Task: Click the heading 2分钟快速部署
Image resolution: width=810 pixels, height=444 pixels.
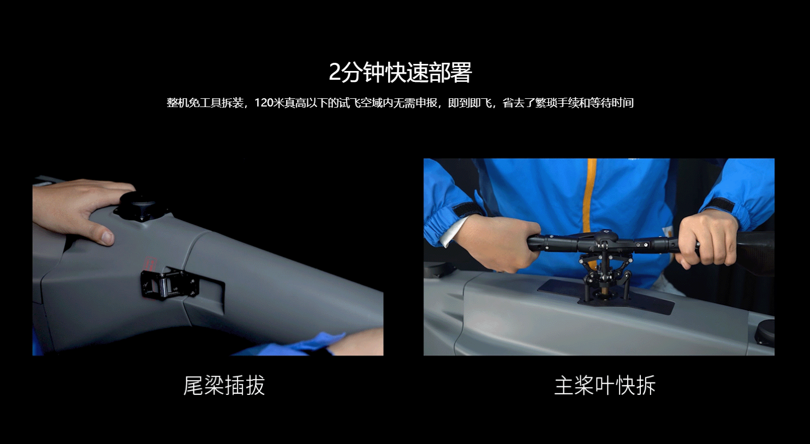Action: (400, 73)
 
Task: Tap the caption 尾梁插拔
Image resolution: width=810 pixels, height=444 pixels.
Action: (224, 386)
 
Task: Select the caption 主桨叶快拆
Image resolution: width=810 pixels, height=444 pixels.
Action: (605, 386)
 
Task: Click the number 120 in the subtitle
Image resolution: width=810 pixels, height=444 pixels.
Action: (264, 103)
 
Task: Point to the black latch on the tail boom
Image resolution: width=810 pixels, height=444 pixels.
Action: (169, 285)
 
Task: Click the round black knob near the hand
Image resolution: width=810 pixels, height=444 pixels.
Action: (141, 206)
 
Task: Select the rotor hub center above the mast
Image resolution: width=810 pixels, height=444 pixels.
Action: (605, 239)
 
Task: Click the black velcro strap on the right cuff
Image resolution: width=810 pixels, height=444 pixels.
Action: (720, 205)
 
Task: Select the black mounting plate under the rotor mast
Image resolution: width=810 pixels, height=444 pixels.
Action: (606, 295)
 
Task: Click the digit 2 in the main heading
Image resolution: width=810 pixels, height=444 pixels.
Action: (335, 73)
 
